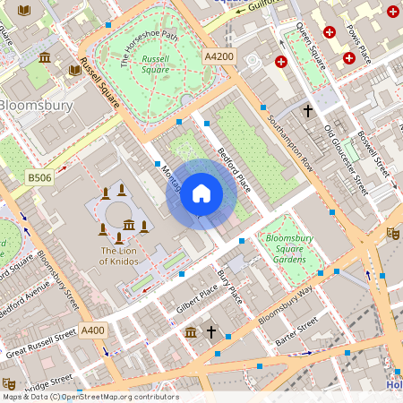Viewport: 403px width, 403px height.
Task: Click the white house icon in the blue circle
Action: tap(201, 192)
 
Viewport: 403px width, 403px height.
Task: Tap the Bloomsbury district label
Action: tap(35, 105)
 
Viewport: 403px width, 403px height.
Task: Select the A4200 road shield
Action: tap(219, 56)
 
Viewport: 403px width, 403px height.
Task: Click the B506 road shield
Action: tap(39, 178)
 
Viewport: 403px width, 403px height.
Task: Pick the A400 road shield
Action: tap(93, 330)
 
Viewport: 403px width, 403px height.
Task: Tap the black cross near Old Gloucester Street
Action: tap(308, 111)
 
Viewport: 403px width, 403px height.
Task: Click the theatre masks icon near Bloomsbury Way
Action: tap(392, 232)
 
